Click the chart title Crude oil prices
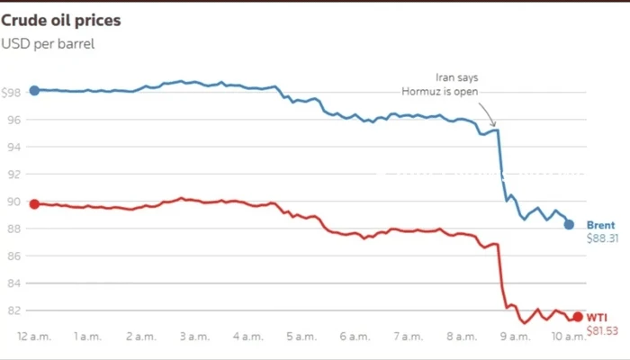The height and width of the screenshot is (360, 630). [x=61, y=19]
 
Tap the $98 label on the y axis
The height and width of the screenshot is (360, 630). [x=13, y=92]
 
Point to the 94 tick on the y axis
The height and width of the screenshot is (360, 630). [x=13, y=147]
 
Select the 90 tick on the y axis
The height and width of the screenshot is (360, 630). [x=13, y=201]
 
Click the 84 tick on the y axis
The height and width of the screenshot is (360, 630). [x=13, y=283]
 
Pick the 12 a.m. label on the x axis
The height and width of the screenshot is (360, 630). [x=34, y=336]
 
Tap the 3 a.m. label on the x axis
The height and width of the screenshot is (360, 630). [x=194, y=336]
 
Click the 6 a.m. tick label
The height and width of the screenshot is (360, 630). [x=354, y=336]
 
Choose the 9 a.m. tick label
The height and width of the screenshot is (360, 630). [x=514, y=336]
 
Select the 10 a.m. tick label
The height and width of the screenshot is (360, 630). [x=567, y=336]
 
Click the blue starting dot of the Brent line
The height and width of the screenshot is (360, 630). [x=34, y=90]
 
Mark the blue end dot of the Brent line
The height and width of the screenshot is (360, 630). [x=569, y=225]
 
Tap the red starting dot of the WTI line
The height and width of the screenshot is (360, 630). [x=34, y=204]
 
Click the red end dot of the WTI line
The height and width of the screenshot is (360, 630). [x=577, y=317]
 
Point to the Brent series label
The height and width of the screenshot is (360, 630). [x=600, y=225]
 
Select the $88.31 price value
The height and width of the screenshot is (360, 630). [x=602, y=239]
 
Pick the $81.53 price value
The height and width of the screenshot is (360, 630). [x=602, y=331]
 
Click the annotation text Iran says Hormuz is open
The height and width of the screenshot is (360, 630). [x=440, y=84]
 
